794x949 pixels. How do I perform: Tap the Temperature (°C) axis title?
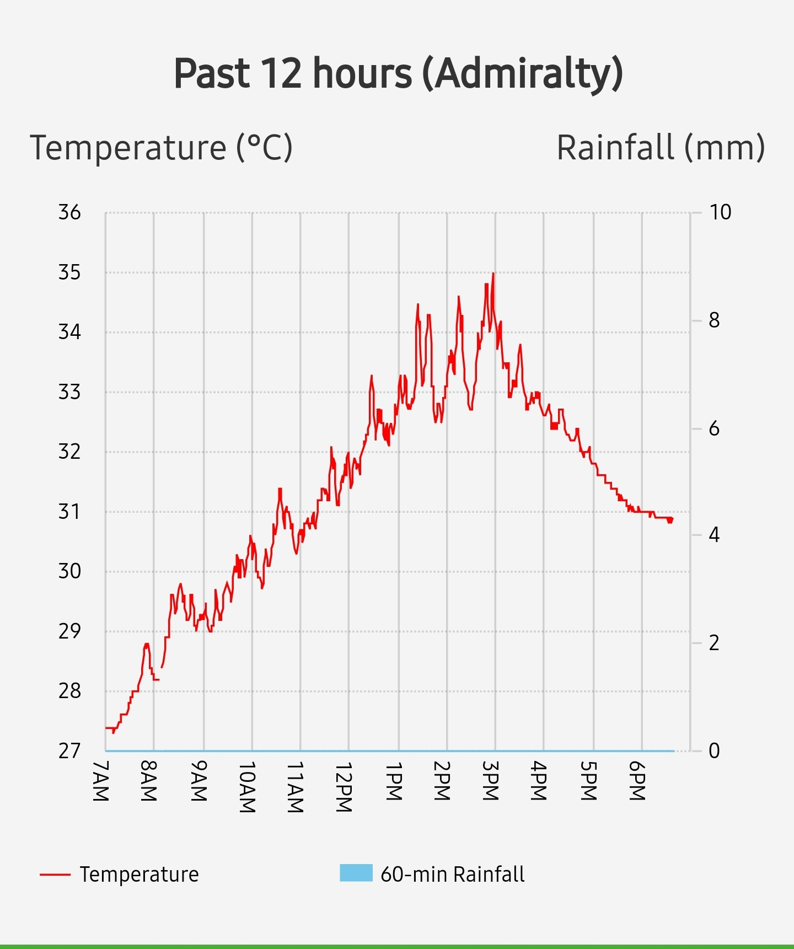[161, 148]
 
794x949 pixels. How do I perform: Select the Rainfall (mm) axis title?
[660, 148]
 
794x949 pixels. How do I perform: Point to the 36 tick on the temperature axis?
[69, 212]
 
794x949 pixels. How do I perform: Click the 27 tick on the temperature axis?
[69, 750]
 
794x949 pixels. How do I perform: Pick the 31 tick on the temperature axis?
[69, 512]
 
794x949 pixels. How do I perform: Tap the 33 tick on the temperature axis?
[69, 392]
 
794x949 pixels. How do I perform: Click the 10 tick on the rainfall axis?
[720, 212]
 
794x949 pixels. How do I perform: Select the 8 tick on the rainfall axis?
[714, 320]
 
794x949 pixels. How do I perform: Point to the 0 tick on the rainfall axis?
[714, 750]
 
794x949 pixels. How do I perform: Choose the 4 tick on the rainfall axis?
[714, 534]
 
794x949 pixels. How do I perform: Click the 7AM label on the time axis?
[100, 781]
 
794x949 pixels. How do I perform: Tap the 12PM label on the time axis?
[344, 787]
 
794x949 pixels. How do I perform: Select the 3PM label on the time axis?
[490, 781]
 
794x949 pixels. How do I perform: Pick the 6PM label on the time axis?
[636, 781]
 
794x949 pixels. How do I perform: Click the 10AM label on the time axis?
[247, 787]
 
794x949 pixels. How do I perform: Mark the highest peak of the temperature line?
[493, 274]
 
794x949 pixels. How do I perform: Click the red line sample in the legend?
[55, 875]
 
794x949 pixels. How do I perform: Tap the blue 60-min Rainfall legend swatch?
[356, 873]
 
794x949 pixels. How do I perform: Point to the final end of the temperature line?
[672, 519]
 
